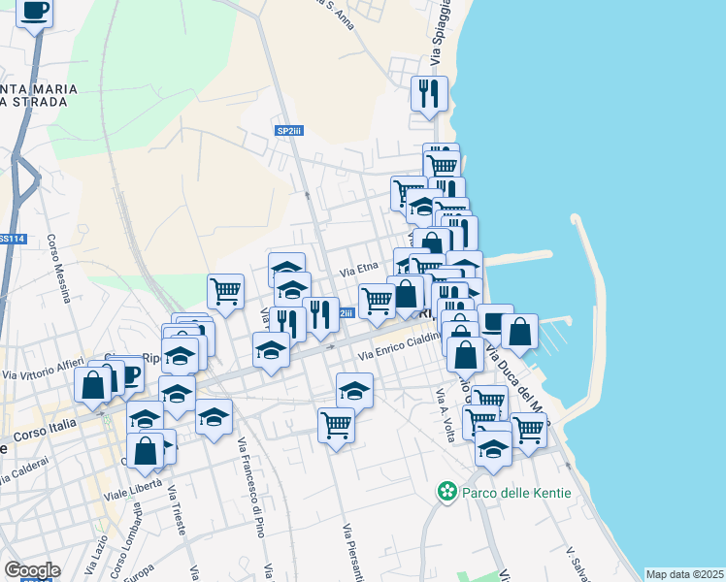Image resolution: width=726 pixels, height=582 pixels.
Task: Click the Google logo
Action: [x=32, y=570]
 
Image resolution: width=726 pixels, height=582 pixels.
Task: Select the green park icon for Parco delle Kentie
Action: [x=447, y=493]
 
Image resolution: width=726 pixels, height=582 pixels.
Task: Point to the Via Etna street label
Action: [x=357, y=275]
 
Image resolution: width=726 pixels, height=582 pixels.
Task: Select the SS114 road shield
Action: [x=11, y=239]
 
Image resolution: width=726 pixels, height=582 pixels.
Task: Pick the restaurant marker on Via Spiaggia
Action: [x=428, y=94]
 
